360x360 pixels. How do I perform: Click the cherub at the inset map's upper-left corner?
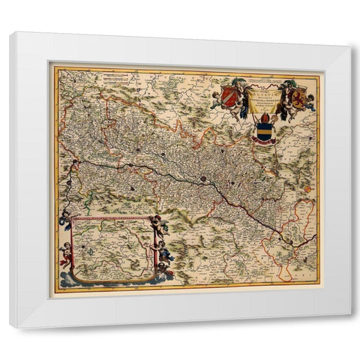pyautogui.click(x=66, y=220)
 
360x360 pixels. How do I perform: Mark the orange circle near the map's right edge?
pyautogui.click(x=307, y=189)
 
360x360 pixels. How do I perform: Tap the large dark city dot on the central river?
pyautogui.click(x=202, y=179)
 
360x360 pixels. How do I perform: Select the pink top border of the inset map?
pyautogui.click(x=112, y=218)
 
